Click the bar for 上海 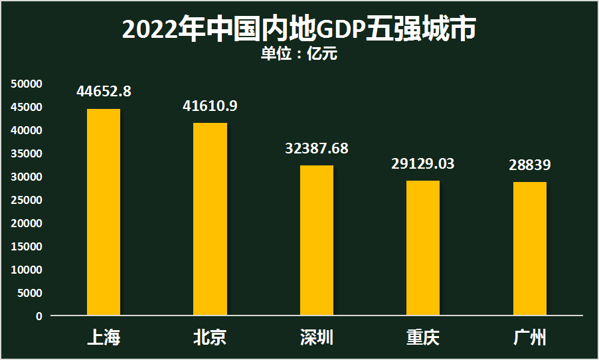click(x=104, y=212)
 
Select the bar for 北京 click(x=211, y=219)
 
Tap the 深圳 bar click(x=317, y=240)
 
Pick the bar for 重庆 click(x=423, y=248)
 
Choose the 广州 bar click(x=530, y=248)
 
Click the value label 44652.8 click(x=104, y=92)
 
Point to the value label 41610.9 click(x=210, y=106)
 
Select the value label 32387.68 click(x=317, y=148)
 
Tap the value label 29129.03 click(x=423, y=163)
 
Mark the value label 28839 click(x=530, y=165)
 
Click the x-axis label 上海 click(x=104, y=337)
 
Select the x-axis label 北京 click(x=210, y=337)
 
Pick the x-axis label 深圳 click(x=317, y=337)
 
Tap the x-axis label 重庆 click(x=423, y=337)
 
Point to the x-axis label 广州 click(x=530, y=337)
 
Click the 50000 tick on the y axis click(x=27, y=84)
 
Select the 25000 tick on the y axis click(x=27, y=200)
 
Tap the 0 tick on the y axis click(x=39, y=316)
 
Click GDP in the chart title click(x=339, y=30)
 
